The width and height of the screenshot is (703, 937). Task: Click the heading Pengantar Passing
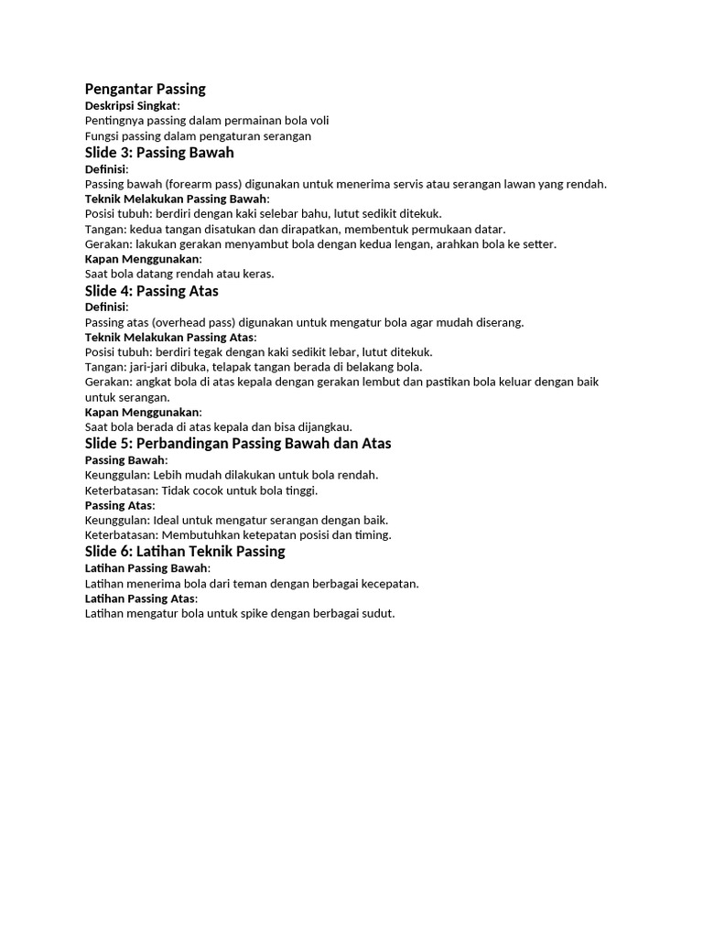145,89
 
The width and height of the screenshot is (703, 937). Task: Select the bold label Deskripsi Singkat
132,105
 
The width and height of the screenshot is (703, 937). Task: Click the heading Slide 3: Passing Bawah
159,152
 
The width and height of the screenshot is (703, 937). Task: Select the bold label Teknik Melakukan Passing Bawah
176,199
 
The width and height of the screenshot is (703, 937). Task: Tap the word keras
257,273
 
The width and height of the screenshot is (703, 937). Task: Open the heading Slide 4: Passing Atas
151,291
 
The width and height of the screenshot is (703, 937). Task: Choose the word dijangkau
322,426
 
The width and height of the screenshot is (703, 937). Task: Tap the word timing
373,534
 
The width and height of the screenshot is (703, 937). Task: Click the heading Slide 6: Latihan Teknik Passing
185,551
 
